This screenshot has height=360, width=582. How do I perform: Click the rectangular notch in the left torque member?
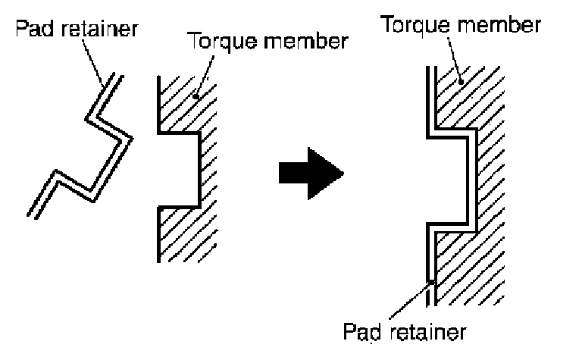click(x=179, y=170)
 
